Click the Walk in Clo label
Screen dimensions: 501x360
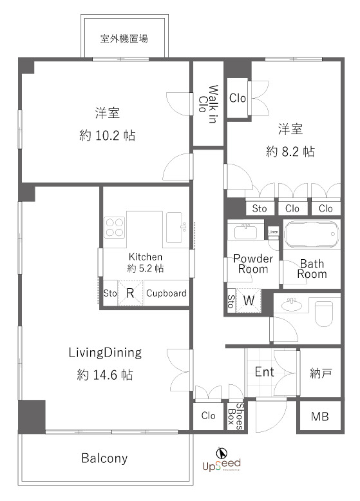(208, 103)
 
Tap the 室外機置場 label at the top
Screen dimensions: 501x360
(124, 39)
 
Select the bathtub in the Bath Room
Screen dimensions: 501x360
(311, 235)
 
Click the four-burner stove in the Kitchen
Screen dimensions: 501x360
(114, 227)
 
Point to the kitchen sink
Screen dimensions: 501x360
(174, 227)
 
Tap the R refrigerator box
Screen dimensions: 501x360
(130, 293)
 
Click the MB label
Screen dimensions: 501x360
(320, 417)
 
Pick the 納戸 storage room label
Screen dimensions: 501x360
(321, 373)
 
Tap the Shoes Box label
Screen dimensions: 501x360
(236, 416)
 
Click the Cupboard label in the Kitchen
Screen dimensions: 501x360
(166, 293)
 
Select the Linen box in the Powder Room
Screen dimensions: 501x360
(273, 232)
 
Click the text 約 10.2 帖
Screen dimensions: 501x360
(107, 135)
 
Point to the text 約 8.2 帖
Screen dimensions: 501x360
(290, 152)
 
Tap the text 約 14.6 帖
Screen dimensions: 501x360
(105, 375)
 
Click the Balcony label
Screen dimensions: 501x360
(105, 458)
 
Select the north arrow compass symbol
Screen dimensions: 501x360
(222, 453)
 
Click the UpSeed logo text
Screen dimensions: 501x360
(221, 465)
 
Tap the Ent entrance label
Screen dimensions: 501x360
(264, 372)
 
